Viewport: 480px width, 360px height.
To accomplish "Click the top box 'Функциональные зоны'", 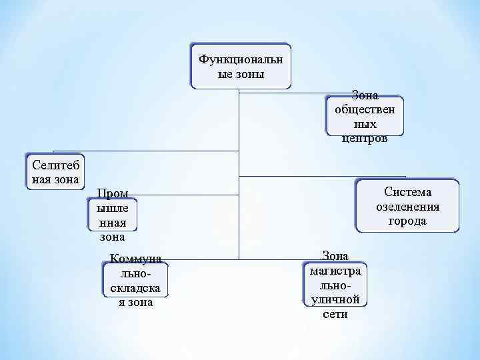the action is tap(241, 67).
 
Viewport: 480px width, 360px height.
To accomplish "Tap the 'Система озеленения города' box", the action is tap(407, 205).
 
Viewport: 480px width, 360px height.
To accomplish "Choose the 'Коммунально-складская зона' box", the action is tap(136, 280).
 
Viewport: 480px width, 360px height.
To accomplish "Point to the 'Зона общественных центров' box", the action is tap(364, 117).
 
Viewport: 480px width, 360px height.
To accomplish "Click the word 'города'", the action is tap(407, 221).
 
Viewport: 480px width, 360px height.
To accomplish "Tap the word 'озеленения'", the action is tap(407, 206).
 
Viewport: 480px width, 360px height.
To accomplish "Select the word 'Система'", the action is tap(407, 191).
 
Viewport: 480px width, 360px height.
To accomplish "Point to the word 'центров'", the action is tap(364, 139).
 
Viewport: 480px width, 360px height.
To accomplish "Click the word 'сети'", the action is tap(335, 314).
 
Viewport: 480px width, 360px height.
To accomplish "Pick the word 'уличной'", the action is tap(335, 300).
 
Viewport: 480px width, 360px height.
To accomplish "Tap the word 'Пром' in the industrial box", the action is tap(113, 193).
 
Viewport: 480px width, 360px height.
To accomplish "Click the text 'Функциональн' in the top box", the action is tap(241, 59).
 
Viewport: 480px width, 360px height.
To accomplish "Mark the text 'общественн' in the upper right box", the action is tap(364, 110).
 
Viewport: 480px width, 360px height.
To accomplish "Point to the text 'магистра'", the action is tap(335, 271).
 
